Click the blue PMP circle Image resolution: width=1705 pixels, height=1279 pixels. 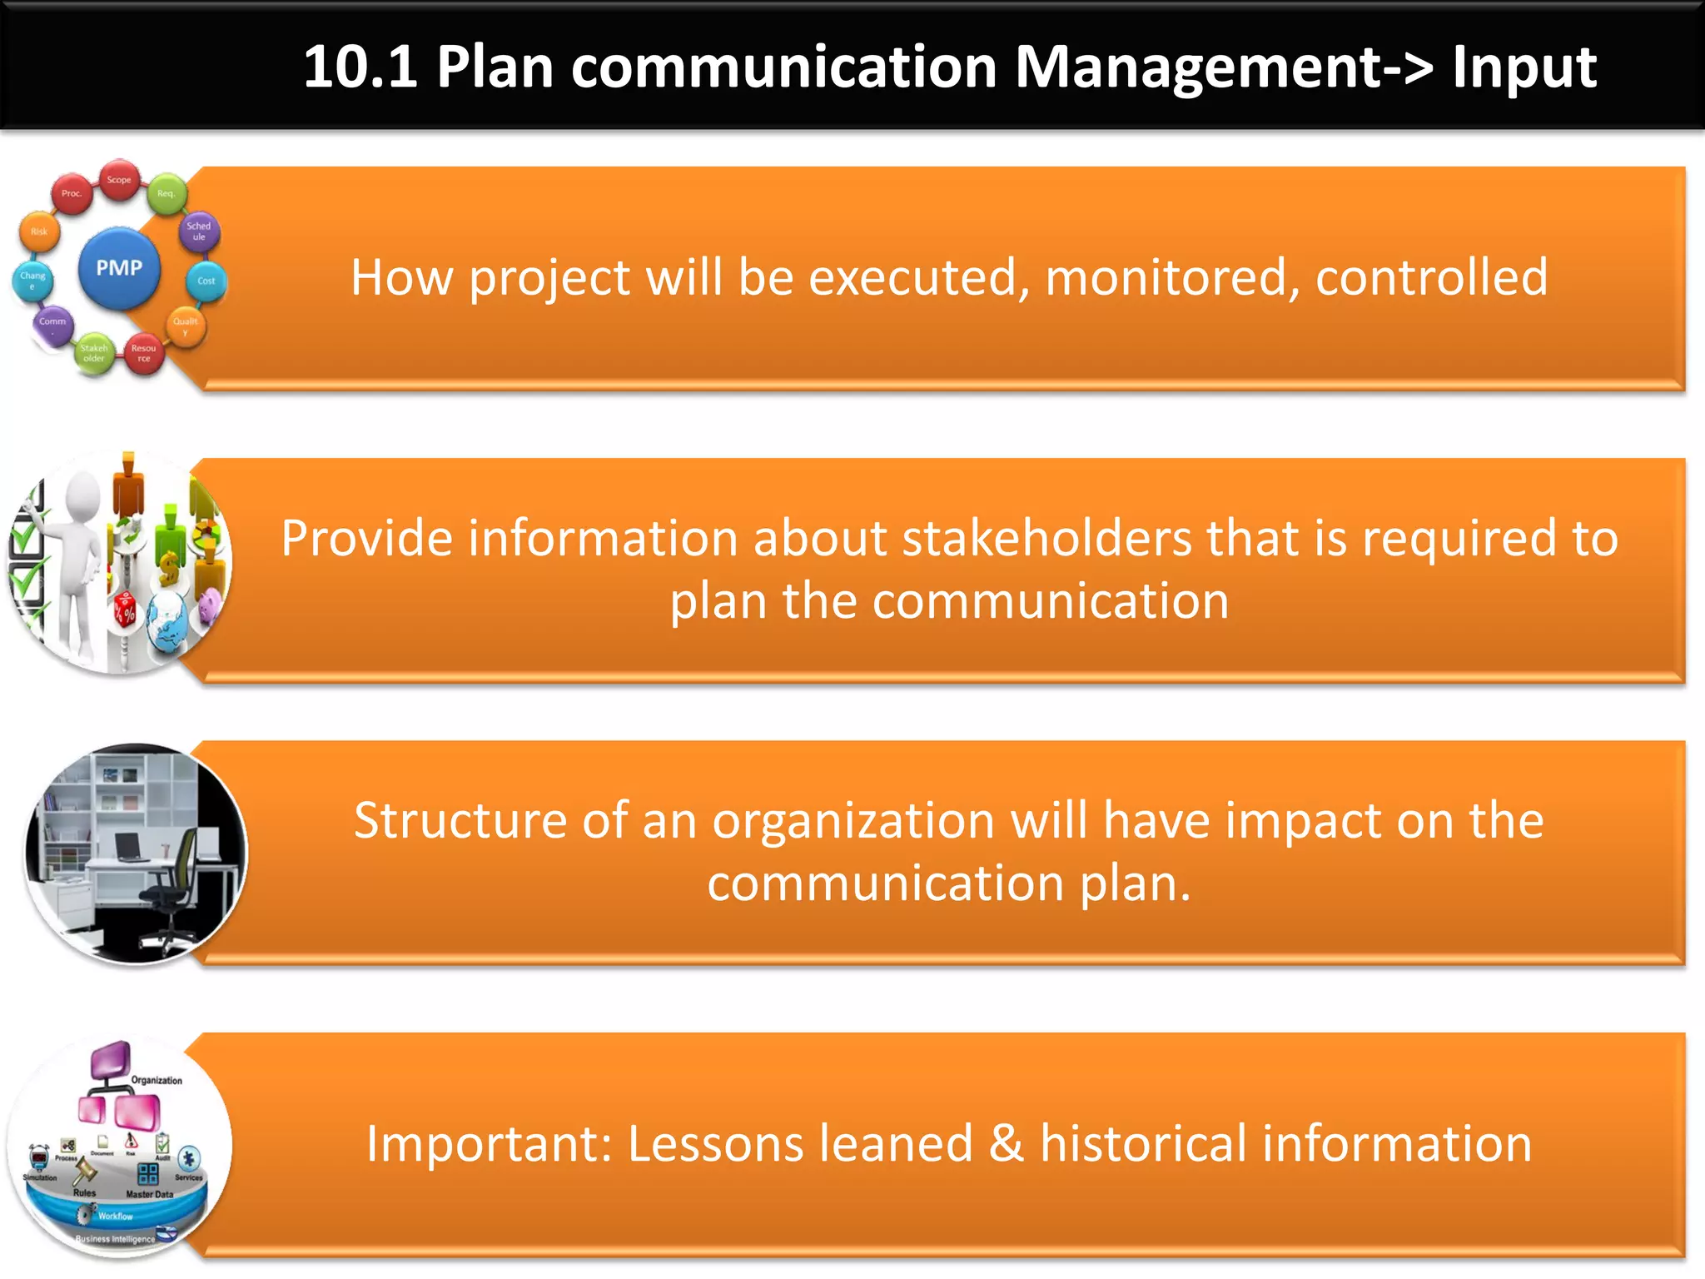[119, 268]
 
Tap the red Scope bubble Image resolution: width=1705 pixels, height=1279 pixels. [119, 180]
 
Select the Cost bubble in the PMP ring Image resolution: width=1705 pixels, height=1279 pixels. [206, 281]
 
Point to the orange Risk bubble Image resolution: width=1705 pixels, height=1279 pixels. [39, 232]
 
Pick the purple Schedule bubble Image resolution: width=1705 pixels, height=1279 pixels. [199, 231]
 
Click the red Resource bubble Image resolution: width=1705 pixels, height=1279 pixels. [143, 353]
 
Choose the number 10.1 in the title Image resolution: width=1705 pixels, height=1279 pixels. [360, 67]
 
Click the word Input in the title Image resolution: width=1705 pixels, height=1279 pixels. [1524, 67]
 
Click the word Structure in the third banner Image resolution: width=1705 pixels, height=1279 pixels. [460, 820]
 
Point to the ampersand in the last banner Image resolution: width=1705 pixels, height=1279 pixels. [1006, 1143]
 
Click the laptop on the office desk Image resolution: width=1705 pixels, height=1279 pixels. [129, 846]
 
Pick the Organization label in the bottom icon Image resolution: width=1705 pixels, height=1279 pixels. [157, 1080]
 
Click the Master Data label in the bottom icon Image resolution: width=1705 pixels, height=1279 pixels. [150, 1194]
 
